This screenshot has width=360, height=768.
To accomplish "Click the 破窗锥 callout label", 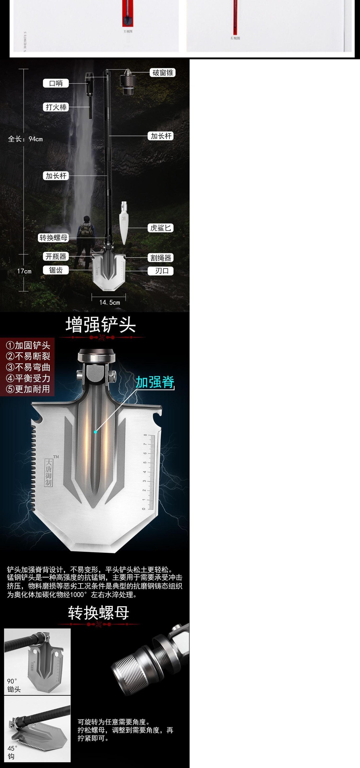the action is click(163, 73).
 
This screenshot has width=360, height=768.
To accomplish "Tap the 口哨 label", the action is click(56, 83).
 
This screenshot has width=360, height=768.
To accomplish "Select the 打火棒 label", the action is click(56, 107).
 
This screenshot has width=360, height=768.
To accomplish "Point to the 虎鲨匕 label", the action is click(161, 228).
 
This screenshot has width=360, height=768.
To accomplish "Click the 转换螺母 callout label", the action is click(54, 238).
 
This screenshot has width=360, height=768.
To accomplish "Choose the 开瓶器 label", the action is click(56, 256).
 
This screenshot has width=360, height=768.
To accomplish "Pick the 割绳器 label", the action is click(161, 258).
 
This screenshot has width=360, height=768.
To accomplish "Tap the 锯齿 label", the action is click(56, 270).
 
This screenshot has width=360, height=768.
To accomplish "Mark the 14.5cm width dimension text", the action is click(109, 302).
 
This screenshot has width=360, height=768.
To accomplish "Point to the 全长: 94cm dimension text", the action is click(25, 139).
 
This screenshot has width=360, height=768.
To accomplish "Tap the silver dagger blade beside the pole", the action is click(124, 224).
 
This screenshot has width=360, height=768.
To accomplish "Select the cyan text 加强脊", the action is click(155, 382).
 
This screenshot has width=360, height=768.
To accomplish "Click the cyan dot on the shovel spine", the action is click(95, 432).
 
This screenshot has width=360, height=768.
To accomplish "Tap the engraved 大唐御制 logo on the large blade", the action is click(49, 472).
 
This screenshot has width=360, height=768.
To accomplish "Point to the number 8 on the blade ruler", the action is click(145, 435).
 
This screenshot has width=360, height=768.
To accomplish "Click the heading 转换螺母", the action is click(98, 613).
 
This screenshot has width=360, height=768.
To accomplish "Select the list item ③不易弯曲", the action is click(28, 367).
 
